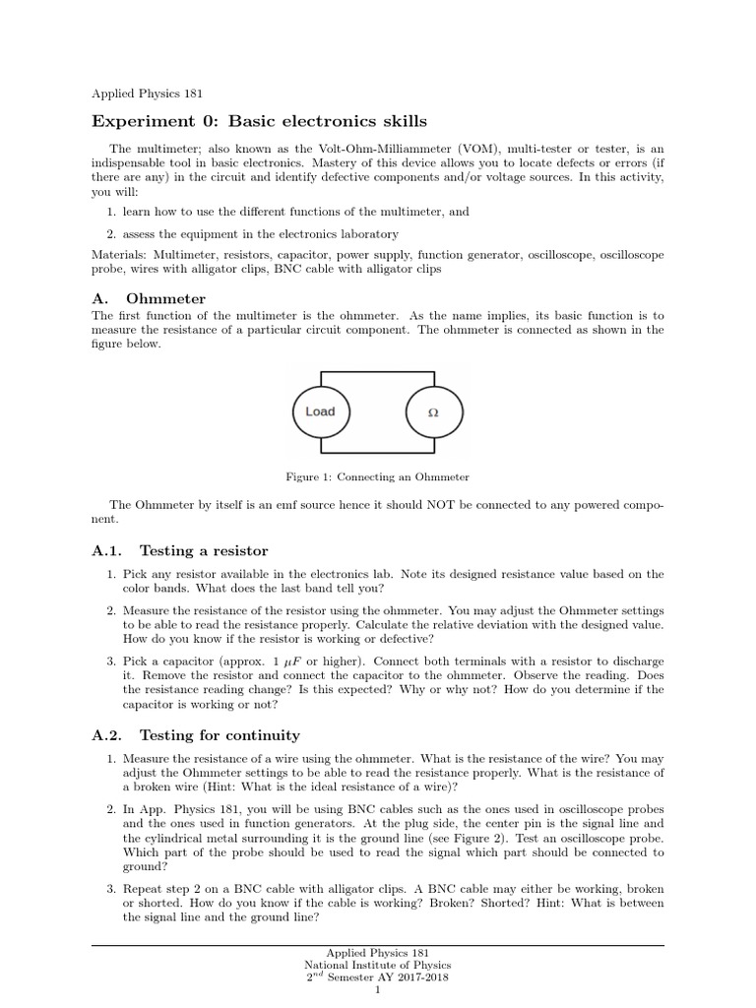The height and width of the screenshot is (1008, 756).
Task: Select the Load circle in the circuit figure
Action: [x=320, y=411]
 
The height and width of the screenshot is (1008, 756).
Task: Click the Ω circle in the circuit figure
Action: [x=433, y=412]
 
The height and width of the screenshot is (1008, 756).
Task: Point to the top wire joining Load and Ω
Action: [x=377, y=372]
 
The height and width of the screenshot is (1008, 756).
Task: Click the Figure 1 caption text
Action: [x=377, y=476]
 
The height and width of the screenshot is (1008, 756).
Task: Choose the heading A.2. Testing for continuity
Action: [x=196, y=735]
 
